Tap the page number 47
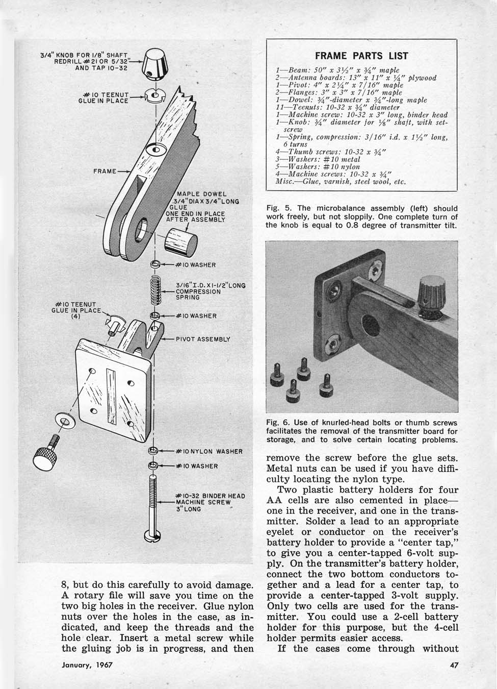coord(455,665)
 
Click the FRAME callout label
coord(104,171)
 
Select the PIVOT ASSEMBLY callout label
coord(203,338)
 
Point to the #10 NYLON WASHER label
coord(208,452)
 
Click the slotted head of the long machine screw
coord(153,536)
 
